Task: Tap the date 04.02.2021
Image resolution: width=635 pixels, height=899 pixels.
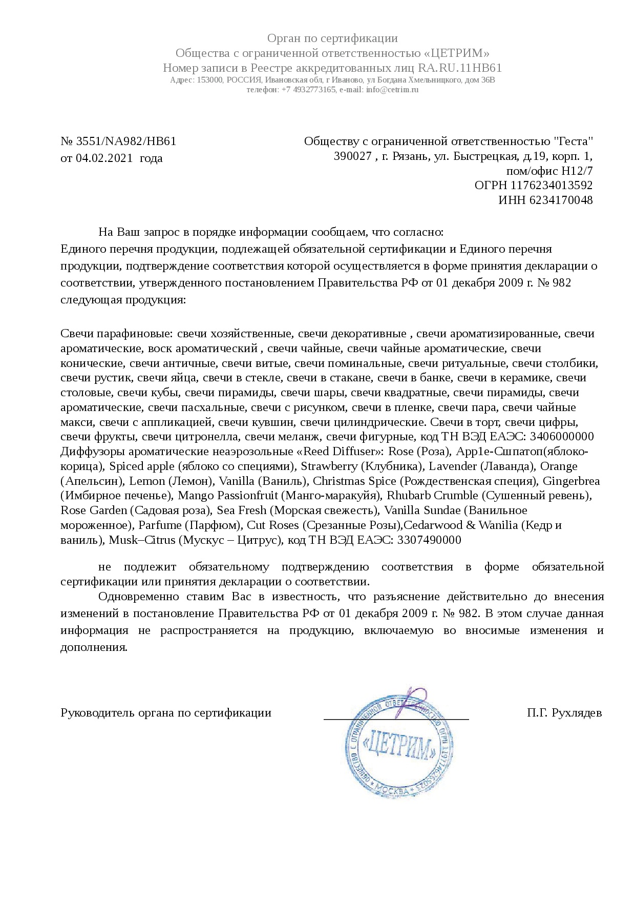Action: [104, 158]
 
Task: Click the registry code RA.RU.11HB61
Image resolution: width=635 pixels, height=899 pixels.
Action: [460, 68]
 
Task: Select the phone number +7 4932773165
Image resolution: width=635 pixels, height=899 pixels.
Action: [308, 89]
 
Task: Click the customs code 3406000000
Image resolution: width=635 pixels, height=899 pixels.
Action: [562, 437]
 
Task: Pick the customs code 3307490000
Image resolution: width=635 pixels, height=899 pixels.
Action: [429, 540]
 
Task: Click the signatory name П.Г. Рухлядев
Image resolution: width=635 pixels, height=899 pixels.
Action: [564, 713]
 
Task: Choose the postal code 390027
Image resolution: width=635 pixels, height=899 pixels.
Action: [353, 156]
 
